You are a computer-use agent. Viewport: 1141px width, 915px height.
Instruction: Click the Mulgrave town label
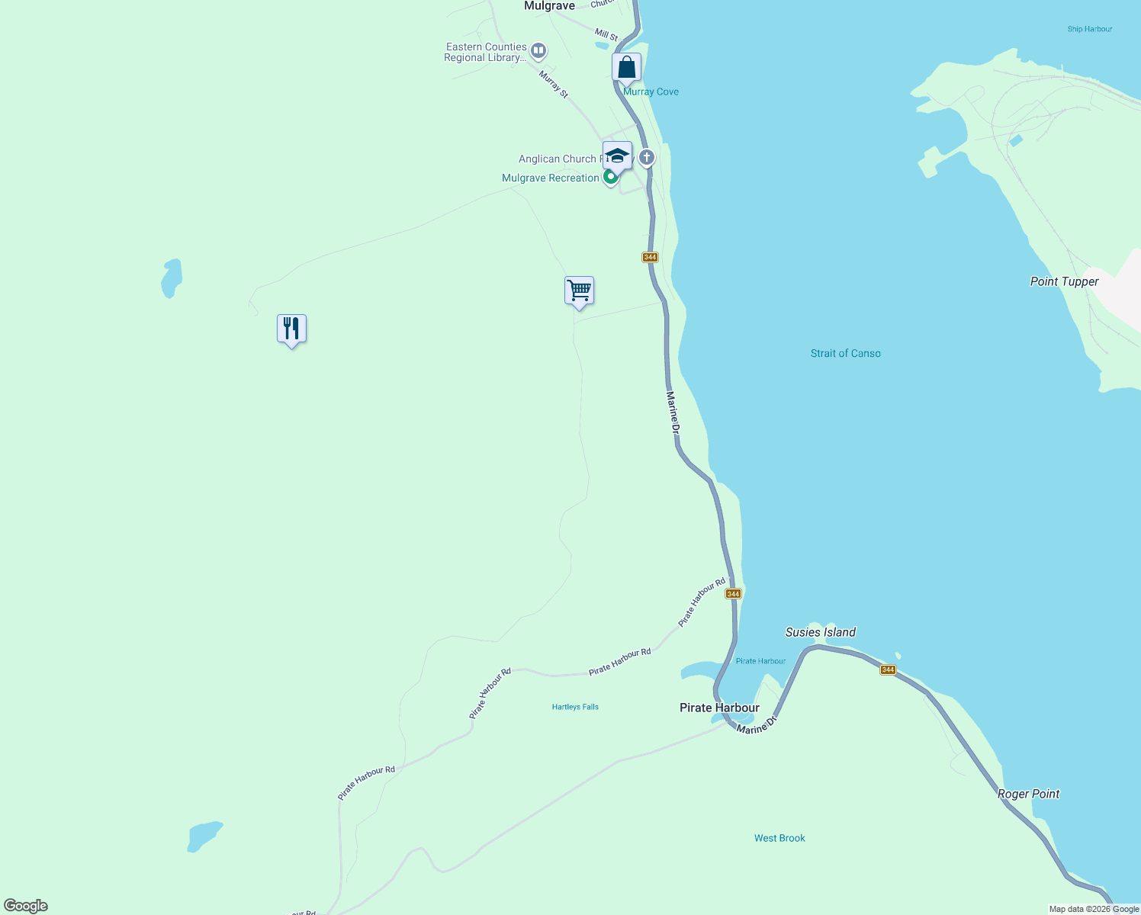pos(549,6)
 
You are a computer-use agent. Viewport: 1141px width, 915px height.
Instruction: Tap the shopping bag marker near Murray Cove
pos(626,67)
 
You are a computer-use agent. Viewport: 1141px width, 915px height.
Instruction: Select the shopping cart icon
pos(579,291)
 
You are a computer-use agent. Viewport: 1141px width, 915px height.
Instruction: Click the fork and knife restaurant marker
pos(291,329)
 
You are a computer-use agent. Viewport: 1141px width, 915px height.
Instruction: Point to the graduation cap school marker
pos(617,156)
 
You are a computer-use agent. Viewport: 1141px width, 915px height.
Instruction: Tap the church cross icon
pos(647,158)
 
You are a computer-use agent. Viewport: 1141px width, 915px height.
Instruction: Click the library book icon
pos(538,51)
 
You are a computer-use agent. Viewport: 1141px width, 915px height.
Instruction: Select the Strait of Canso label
pos(845,354)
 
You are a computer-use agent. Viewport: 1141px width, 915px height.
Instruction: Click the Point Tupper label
pos(1064,282)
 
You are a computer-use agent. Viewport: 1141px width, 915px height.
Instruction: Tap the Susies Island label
pos(820,632)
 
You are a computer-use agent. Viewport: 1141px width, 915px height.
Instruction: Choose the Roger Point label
pos(1028,794)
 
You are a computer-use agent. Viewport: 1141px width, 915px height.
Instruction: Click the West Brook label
pos(779,838)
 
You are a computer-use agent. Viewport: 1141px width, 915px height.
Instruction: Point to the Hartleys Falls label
pos(575,707)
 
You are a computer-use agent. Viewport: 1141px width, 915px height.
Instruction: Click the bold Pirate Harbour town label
pos(719,708)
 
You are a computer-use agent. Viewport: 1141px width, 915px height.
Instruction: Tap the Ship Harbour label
pos(1089,29)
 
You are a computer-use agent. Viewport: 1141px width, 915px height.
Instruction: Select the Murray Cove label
pos(651,91)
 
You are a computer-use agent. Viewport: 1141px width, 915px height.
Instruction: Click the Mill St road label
pos(606,35)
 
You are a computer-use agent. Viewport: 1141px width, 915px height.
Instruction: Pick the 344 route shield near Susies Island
pos(888,670)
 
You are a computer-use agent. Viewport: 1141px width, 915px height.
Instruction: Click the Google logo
pos(26,906)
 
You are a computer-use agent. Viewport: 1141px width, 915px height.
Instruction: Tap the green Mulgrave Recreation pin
pos(610,178)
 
